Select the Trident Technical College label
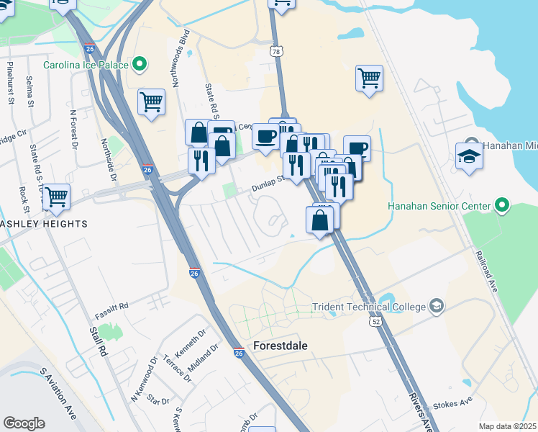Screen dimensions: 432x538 369,307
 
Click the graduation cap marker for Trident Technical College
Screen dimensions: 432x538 436,307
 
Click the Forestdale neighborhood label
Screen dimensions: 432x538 281,346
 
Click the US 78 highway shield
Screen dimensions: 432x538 278,52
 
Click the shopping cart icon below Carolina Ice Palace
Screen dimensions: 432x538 151,102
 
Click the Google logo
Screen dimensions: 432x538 24,423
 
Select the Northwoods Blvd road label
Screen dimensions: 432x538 186,50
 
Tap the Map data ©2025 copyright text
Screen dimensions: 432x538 507,426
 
